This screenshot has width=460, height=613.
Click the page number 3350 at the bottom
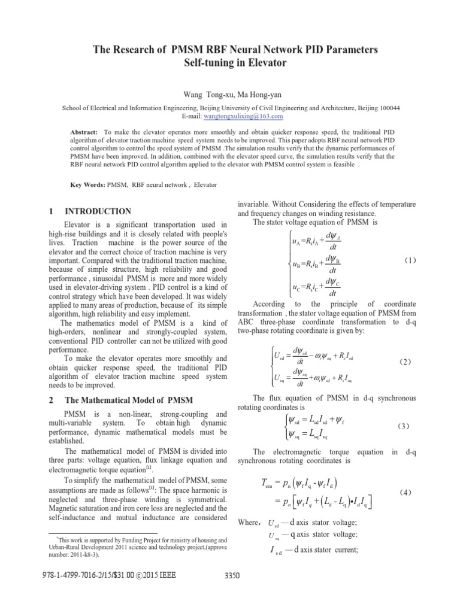coord(231,593)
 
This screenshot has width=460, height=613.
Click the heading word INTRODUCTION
coord(98,211)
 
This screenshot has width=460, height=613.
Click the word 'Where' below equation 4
coord(247,522)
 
